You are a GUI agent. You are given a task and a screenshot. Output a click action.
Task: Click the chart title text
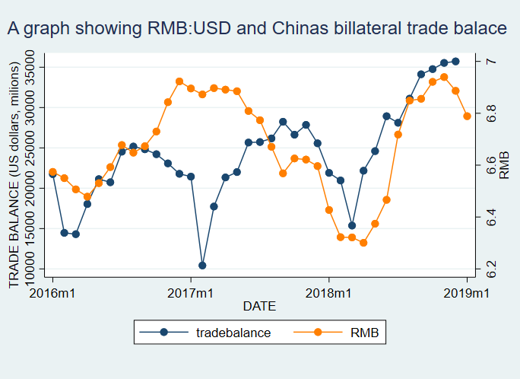[256, 29]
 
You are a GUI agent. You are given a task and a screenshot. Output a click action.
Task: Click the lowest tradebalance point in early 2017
[202, 265]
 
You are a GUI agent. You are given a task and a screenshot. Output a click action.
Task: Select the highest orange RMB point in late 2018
[444, 77]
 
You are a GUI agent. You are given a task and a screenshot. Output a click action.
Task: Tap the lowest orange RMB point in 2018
[363, 243]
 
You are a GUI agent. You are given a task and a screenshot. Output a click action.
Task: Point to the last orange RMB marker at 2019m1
[468, 116]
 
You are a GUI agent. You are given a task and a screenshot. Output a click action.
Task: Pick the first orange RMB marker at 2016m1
[52, 172]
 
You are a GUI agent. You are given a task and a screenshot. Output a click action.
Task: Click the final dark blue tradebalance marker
[455, 62]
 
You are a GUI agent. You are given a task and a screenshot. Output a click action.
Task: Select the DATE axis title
[258, 307]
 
